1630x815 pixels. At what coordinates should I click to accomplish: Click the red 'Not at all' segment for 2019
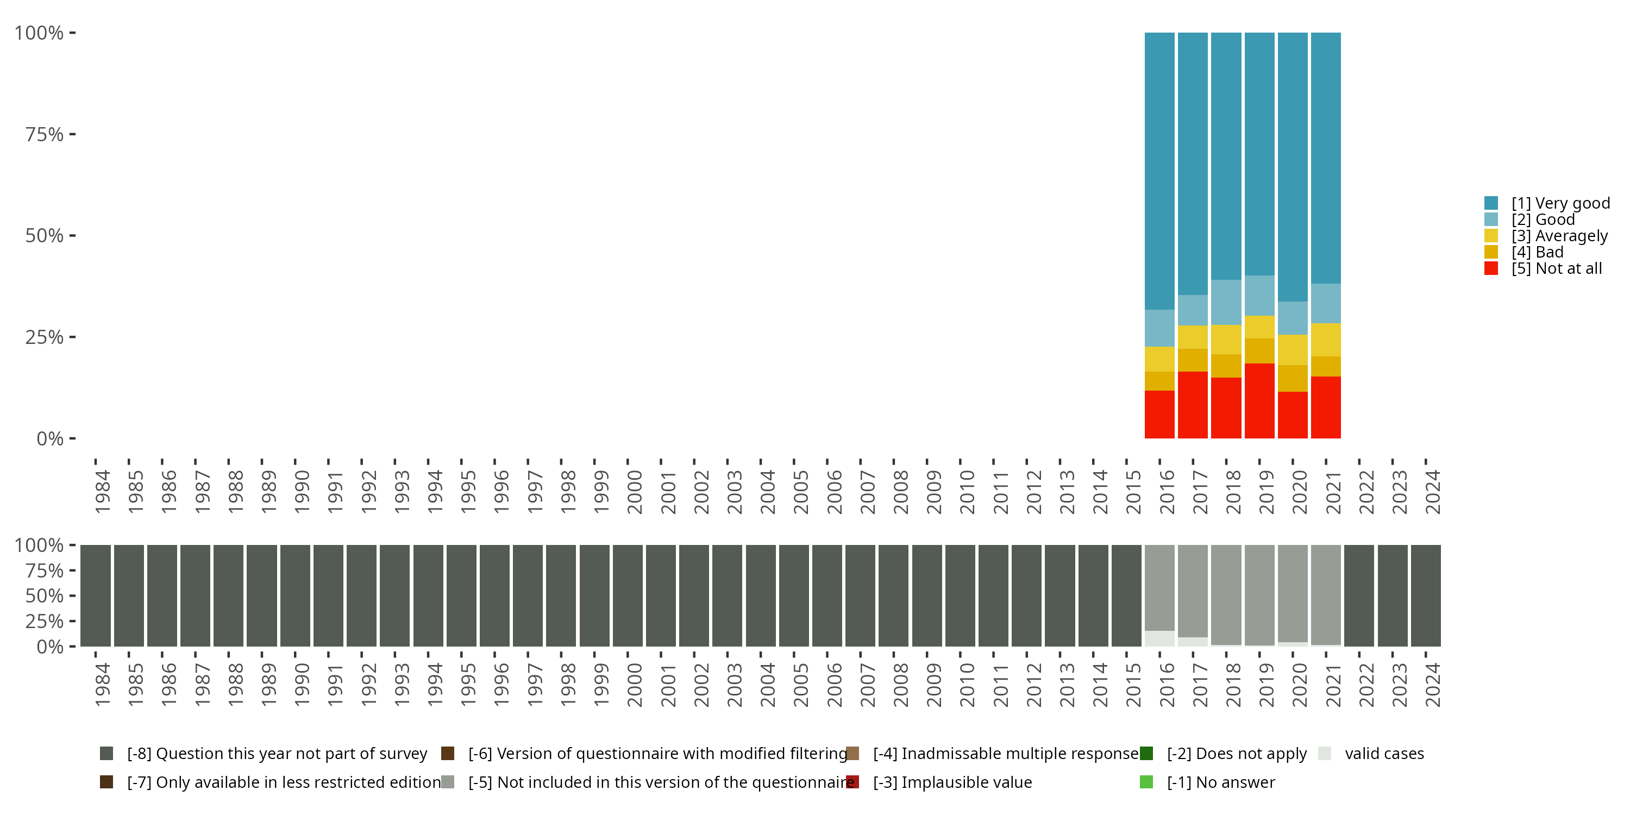[x=1259, y=400]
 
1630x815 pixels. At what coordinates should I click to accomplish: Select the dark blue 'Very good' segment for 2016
[x=1159, y=171]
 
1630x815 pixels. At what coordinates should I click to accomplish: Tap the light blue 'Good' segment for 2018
[x=1226, y=302]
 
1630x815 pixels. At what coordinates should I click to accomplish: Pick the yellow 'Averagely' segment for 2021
[x=1326, y=340]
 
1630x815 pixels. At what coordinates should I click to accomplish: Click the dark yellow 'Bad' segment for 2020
[x=1293, y=378]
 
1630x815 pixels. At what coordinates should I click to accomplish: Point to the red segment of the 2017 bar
[x=1193, y=405]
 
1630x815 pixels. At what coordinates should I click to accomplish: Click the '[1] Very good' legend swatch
[x=1491, y=203]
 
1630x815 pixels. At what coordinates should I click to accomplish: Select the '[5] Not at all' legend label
[x=1556, y=269]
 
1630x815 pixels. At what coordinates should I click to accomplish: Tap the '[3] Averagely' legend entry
[x=1559, y=236]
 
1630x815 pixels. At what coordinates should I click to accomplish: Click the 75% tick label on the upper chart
[x=45, y=134]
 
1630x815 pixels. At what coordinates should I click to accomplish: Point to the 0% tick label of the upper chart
[x=50, y=438]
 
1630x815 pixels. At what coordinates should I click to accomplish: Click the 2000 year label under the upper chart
[x=635, y=492]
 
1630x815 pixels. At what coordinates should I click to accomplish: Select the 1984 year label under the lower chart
[x=102, y=685]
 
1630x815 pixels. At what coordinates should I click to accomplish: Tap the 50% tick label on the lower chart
[x=45, y=595]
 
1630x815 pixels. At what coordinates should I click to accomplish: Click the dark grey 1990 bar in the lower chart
[x=295, y=595]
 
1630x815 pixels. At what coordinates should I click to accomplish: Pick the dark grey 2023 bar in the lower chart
[x=1392, y=595]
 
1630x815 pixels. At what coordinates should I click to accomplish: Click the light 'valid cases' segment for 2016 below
[x=1159, y=638]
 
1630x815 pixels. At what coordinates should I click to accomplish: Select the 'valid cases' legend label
[x=1384, y=754]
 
